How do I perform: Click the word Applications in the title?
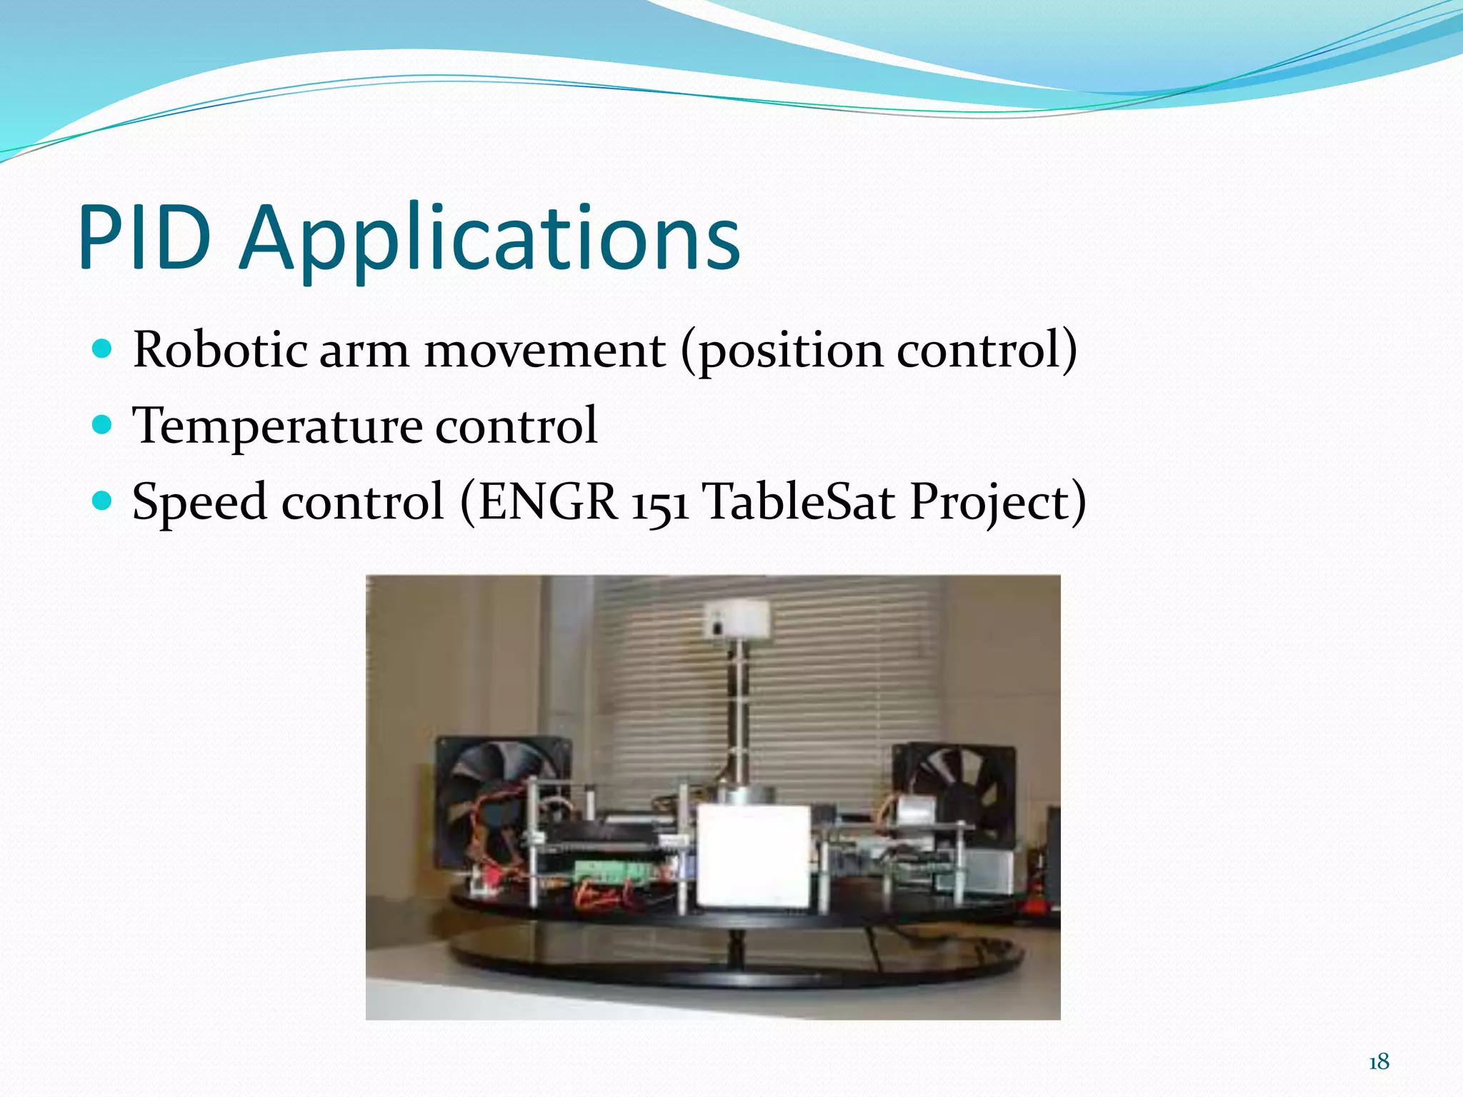(x=490, y=239)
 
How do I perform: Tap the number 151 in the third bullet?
(x=660, y=503)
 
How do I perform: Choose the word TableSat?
(x=799, y=501)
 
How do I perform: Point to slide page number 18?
(x=1378, y=1062)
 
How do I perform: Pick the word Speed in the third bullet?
(x=200, y=503)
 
